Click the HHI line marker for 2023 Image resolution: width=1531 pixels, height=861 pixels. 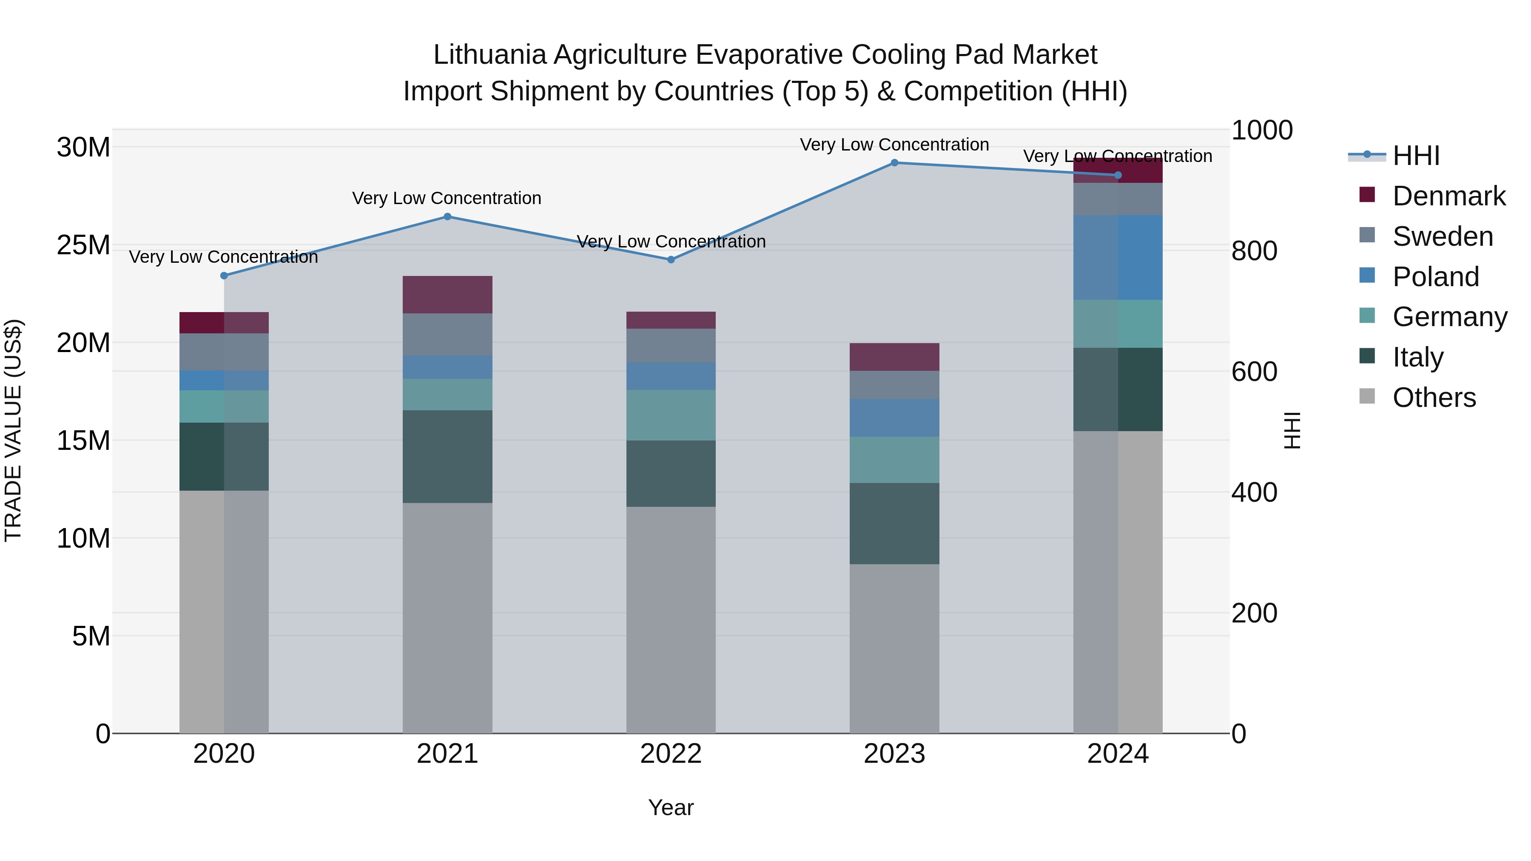pyautogui.click(x=894, y=163)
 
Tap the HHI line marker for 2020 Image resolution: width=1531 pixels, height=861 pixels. pyautogui.click(x=224, y=276)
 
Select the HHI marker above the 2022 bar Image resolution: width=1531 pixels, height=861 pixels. pyautogui.click(x=671, y=260)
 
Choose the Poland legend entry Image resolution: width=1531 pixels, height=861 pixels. pyautogui.click(x=1435, y=277)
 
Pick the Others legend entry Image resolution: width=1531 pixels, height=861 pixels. pyautogui.click(x=1434, y=398)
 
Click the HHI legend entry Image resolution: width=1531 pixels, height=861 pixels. pyautogui.click(x=1416, y=156)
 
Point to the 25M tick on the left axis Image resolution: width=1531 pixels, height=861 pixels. pyautogui.click(x=83, y=245)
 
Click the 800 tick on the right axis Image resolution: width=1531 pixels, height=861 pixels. pyautogui.click(x=1254, y=251)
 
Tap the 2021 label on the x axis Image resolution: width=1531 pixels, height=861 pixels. pyautogui.click(x=447, y=754)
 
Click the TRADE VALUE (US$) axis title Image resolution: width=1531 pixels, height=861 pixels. pyautogui.click(x=13, y=430)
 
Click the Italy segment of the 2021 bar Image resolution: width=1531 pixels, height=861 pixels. pyautogui.click(x=447, y=456)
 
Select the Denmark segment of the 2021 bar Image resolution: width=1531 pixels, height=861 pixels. pyautogui.click(x=447, y=295)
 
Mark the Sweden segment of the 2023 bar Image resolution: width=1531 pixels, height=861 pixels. pyautogui.click(x=894, y=385)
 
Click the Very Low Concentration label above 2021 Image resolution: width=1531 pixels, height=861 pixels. pyautogui.click(x=447, y=199)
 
